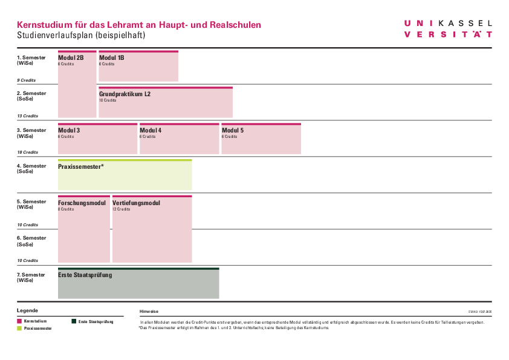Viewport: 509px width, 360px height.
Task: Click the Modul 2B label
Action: [x=71, y=58]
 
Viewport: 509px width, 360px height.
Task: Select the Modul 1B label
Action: [x=112, y=58]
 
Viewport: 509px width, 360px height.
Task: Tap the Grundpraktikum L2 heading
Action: [x=125, y=94]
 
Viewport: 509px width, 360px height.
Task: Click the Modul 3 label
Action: [x=69, y=131]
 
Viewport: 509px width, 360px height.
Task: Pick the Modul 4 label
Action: [x=151, y=131]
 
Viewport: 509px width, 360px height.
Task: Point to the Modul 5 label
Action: [x=233, y=131]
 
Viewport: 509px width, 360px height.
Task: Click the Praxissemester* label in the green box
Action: [x=81, y=166]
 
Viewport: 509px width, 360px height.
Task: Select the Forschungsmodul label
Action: [x=82, y=203]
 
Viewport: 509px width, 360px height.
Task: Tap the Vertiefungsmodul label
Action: [x=136, y=203]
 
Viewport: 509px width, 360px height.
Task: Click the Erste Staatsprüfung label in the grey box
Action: [x=85, y=275]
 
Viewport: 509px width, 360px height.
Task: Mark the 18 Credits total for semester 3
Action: [x=27, y=152]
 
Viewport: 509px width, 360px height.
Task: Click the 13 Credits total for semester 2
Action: [x=27, y=116]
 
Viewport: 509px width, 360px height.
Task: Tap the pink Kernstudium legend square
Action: [x=20, y=321]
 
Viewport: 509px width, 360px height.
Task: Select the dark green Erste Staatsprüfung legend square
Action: [x=74, y=321]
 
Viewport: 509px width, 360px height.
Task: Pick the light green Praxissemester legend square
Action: [x=20, y=329]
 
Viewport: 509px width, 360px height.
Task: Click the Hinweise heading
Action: [x=149, y=311]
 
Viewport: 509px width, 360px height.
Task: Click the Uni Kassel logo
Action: [x=448, y=28]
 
